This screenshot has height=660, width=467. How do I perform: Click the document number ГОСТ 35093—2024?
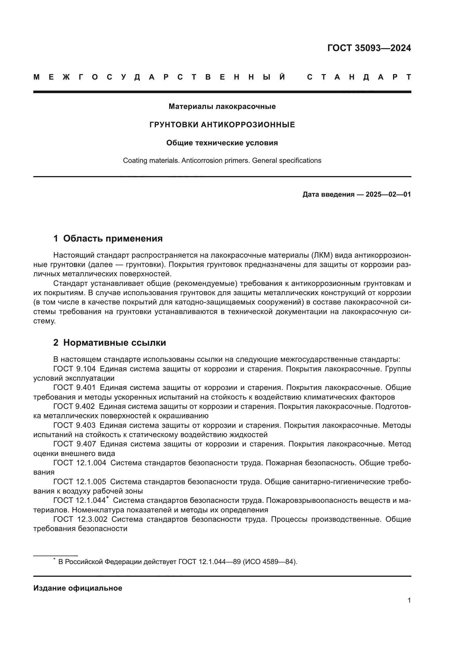tap(369, 48)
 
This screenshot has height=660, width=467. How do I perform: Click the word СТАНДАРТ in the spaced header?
tap(359, 77)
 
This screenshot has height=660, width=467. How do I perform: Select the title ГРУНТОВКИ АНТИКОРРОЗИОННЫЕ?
tap(222, 125)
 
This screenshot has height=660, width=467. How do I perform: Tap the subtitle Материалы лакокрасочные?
tap(222, 107)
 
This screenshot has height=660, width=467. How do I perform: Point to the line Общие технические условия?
tap(222, 143)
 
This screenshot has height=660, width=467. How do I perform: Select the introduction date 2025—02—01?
tap(388, 195)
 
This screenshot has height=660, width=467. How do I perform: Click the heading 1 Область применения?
tap(108, 239)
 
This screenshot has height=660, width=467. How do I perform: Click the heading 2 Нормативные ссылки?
tap(110, 343)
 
